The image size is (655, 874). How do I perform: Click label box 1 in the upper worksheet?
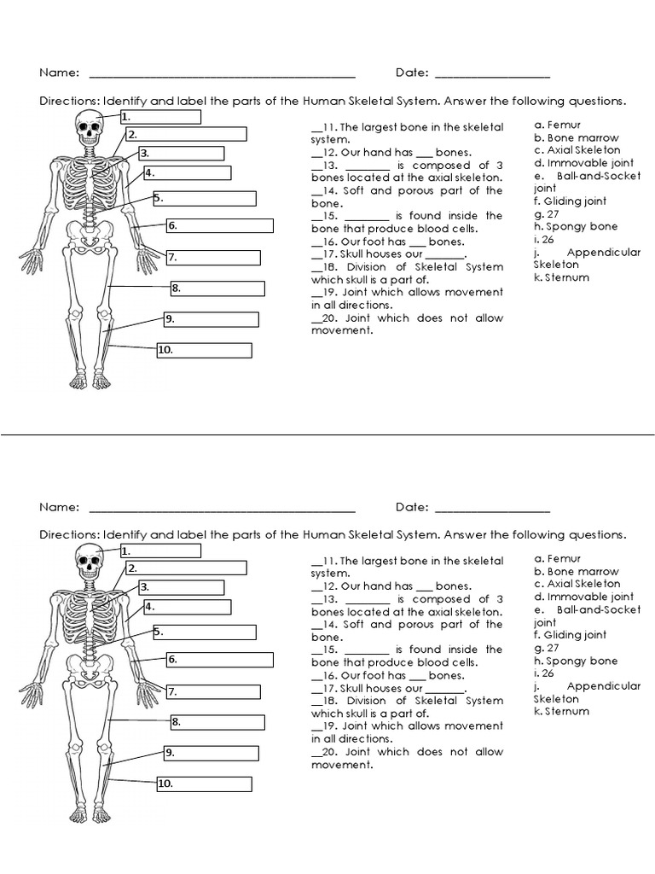coord(160,117)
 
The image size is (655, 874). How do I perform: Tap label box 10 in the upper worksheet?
coord(204,351)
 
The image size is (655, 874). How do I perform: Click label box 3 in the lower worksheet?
coord(182,587)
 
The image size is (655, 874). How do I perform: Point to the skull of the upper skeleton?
coord(88,126)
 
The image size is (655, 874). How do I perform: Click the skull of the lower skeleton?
coord(88,561)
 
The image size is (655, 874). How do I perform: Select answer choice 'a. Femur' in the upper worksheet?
coord(558,125)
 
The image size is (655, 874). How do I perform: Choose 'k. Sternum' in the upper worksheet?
coord(561,277)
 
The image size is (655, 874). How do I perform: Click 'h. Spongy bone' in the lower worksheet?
coord(576,661)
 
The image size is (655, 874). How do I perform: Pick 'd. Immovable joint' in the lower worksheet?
coord(583,597)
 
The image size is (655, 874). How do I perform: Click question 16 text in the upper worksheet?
coord(392,242)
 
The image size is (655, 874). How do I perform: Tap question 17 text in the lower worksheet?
coord(392,688)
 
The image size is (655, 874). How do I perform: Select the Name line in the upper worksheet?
coord(222,75)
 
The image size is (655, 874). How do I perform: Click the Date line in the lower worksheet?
coord(492,510)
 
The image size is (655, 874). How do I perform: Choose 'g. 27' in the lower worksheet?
coord(547,648)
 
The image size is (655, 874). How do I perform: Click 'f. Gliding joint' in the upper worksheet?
coord(571,201)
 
